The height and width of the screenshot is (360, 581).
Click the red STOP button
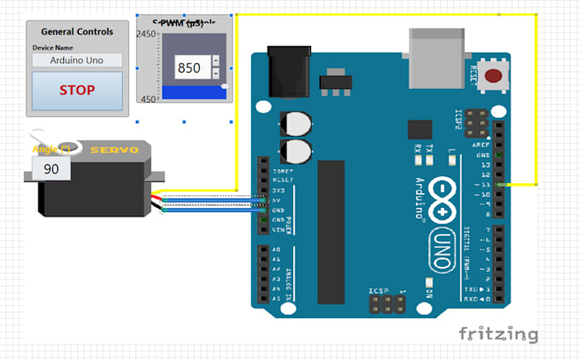[77, 90]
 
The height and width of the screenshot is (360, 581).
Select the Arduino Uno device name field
[77, 61]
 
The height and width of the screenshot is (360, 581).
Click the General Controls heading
[77, 32]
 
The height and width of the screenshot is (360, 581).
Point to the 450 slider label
[148, 99]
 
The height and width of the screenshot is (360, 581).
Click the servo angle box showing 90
[51, 169]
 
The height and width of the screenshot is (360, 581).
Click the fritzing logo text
[498, 333]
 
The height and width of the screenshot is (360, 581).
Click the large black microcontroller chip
[331, 231]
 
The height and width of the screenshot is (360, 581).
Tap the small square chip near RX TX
[420, 129]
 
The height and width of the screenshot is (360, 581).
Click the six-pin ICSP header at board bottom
[386, 303]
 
